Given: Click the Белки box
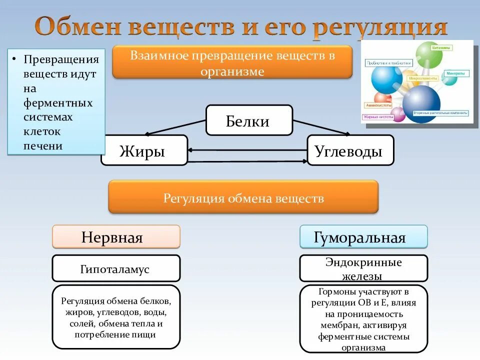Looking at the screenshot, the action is [x=248, y=120].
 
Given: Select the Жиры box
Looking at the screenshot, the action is [x=143, y=150].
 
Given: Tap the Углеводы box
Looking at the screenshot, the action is [x=349, y=150].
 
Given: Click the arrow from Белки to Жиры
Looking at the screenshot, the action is [x=175, y=128].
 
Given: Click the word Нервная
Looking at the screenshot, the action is [x=112, y=237].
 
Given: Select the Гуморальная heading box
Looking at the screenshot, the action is [x=363, y=237].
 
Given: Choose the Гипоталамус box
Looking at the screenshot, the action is [x=115, y=269].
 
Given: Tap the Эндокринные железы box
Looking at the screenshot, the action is [x=363, y=269].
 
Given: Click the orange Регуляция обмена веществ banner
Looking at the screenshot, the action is [x=243, y=198].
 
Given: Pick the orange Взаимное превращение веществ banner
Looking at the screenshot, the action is [x=232, y=62].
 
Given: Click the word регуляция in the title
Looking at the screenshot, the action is [x=379, y=27].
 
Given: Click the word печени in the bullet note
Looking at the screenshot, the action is [x=43, y=146].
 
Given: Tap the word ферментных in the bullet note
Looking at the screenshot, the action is [x=58, y=103].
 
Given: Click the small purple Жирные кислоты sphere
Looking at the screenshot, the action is [x=398, y=114].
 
